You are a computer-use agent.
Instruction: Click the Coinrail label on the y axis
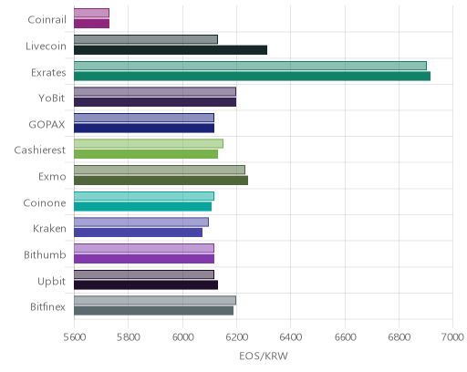pyautogui.click(x=47, y=20)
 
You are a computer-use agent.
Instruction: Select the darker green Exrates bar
pyautogui.click(x=252, y=76)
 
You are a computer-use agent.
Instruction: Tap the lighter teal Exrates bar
pyautogui.click(x=250, y=66)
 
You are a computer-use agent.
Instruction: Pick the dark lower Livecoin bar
pyautogui.click(x=171, y=50)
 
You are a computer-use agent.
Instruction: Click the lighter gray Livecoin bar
pyautogui.click(x=146, y=39)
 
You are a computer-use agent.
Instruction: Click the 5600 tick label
pyautogui.click(x=75, y=337)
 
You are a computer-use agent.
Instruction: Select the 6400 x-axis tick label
pyautogui.click(x=291, y=337)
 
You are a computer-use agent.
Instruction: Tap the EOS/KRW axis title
pyautogui.click(x=264, y=356)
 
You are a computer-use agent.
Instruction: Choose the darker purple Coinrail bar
pyautogui.click(x=91, y=24)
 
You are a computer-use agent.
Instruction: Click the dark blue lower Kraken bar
pyautogui.click(x=138, y=232)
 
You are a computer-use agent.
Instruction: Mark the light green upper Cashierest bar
pyautogui.click(x=149, y=144)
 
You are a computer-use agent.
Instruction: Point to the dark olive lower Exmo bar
pyautogui.click(x=161, y=181)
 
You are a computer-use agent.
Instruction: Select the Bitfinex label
pyautogui.click(x=47, y=307)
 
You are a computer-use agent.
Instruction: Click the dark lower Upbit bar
pyautogui.click(x=146, y=285)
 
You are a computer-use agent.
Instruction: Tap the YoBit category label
pyautogui.click(x=51, y=98)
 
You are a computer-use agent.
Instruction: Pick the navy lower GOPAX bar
pyautogui.click(x=144, y=129)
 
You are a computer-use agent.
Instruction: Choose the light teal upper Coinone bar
pyautogui.click(x=144, y=196)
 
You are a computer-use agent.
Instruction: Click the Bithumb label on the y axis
pyautogui.click(x=45, y=254)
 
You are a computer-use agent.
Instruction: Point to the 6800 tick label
pyautogui.click(x=400, y=337)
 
